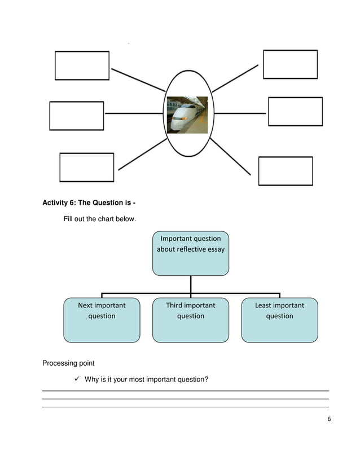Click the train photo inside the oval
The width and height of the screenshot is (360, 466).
[x=187, y=115]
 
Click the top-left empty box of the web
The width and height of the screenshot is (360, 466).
[x=82, y=65]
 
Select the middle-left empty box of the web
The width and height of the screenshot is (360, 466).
[x=77, y=116]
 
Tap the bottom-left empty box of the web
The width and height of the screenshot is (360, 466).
[x=86, y=167]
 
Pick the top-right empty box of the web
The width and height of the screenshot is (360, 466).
[x=290, y=64]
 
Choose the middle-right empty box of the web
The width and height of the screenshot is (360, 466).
[x=295, y=111]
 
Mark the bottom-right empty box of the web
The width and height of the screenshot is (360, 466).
[x=286, y=171]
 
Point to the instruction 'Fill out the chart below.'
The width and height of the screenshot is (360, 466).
[x=99, y=219]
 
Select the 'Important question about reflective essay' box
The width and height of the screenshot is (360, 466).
[x=191, y=253]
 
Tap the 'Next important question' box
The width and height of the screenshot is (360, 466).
[x=102, y=320]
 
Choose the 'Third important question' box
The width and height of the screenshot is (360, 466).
[x=191, y=320]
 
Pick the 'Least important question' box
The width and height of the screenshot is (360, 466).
[x=279, y=320]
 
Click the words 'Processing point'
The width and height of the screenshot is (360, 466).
[x=68, y=363]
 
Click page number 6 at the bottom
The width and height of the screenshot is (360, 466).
[x=328, y=419]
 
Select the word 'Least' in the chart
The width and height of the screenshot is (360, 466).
[x=263, y=305]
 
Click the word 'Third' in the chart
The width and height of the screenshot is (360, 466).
[x=175, y=305]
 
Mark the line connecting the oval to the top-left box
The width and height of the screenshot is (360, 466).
[x=138, y=80]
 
